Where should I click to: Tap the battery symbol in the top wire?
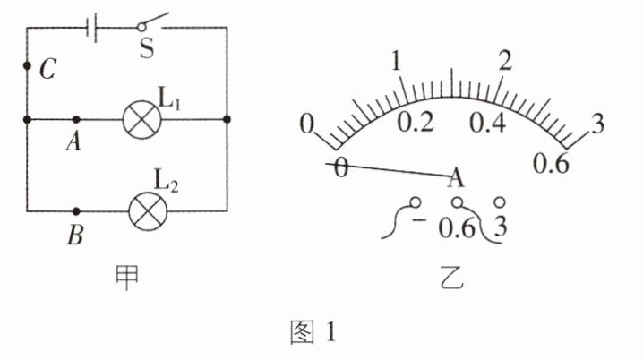point(92,28)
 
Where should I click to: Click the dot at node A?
point(76,119)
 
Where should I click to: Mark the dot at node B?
point(76,211)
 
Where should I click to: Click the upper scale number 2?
point(506,62)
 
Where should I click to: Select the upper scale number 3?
point(597,123)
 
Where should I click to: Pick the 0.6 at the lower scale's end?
point(550,164)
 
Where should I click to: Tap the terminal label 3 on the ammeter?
point(500,227)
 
